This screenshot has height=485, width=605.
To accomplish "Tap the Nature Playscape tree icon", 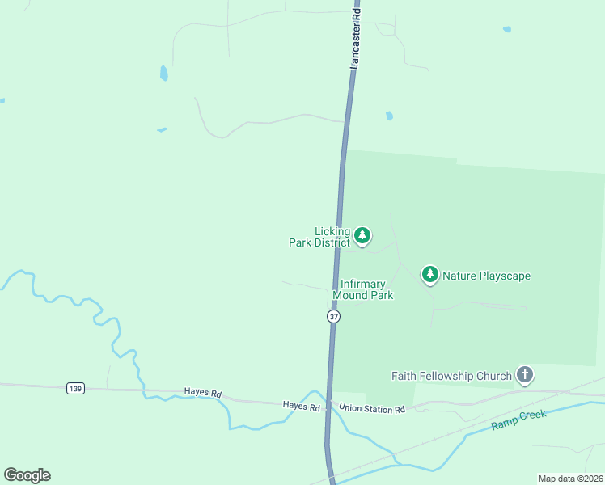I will click(430, 275).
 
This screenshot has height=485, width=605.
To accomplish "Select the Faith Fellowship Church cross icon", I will click(525, 374).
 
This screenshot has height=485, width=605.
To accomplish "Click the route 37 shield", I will click(334, 317).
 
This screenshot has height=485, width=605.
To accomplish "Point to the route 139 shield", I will click(75, 389).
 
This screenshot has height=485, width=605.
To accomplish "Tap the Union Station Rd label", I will click(372, 409).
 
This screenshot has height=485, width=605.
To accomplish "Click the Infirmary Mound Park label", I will click(366, 289).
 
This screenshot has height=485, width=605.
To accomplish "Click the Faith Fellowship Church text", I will click(451, 376).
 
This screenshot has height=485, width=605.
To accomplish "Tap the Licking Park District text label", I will click(320, 237).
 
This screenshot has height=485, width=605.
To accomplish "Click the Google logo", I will click(27, 475).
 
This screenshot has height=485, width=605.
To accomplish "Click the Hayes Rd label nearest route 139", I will click(202, 393).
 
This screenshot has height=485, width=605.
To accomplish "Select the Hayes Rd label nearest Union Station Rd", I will click(301, 406).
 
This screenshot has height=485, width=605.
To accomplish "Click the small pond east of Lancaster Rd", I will click(389, 116).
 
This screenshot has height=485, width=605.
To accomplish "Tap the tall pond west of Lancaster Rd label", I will click(164, 73).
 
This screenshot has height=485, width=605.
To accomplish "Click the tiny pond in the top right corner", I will click(507, 30).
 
